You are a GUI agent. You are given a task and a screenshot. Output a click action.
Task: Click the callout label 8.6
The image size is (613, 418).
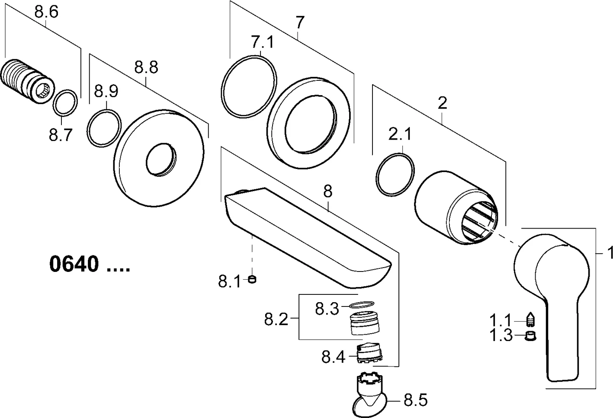(46, 13)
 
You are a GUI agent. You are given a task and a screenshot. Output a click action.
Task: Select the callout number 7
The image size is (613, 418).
(300, 22)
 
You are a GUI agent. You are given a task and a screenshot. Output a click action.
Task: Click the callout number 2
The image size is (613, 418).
(442, 103)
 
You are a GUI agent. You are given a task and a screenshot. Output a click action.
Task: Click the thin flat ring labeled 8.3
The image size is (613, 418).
(360, 305)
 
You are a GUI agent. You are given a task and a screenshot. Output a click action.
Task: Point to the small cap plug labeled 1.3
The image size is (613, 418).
(529, 335)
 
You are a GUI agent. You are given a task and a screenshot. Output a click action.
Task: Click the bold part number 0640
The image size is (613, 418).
(74, 265)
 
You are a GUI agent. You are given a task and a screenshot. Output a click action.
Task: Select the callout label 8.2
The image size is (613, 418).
(276, 320)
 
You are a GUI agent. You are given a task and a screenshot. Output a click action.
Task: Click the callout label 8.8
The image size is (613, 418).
(146, 67)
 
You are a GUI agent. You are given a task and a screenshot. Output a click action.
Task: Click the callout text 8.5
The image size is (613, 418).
(415, 401)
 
